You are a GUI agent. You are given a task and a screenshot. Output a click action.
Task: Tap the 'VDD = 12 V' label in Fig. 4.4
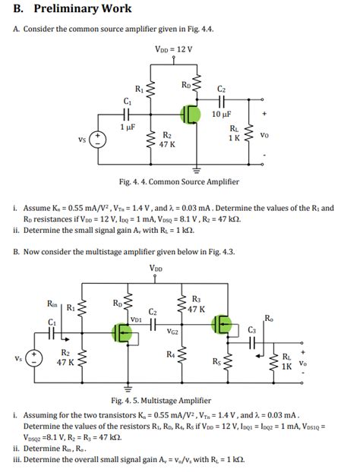click(x=174, y=49)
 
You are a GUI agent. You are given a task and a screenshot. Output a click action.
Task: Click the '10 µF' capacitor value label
click(x=221, y=114)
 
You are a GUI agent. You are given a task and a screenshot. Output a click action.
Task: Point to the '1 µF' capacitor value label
click(x=127, y=127)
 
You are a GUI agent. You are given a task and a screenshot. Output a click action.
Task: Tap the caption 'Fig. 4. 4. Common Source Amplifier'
click(x=179, y=182)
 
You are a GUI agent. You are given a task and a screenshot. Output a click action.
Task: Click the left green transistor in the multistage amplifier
click(x=122, y=332)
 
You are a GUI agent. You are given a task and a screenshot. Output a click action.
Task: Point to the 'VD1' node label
click(x=137, y=319)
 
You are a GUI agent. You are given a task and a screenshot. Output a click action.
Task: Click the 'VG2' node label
click(x=174, y=332)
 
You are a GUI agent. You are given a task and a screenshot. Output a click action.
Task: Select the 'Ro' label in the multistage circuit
click(x=270, y=316)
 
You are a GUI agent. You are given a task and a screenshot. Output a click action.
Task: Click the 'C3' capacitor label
click(x=252, y=329)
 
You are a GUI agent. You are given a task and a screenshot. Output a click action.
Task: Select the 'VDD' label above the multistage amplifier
click(x=156, y=268)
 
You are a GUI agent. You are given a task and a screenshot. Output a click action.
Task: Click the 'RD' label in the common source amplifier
click(x=185, y=84)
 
